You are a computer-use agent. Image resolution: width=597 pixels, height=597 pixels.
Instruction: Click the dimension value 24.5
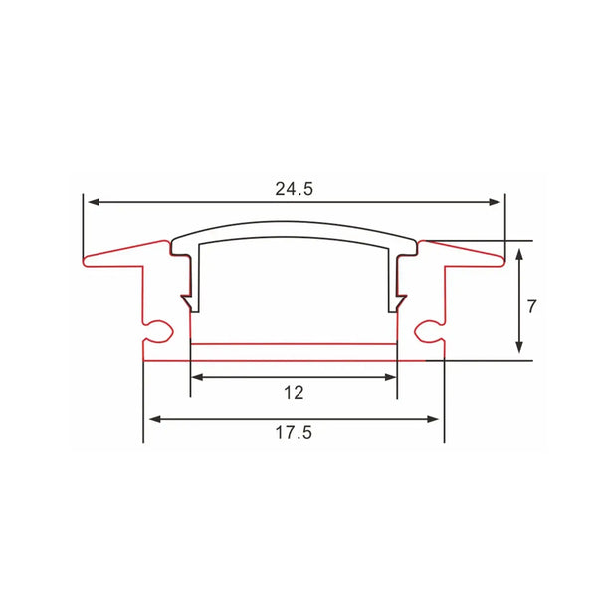(x=294, y=189)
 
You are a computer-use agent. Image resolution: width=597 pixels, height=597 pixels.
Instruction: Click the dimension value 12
(x=293, y=393)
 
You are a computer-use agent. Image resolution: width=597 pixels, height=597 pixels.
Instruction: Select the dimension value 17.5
(x=294, y=434)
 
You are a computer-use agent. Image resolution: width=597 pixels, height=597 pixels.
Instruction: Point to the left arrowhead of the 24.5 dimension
(x=91, y=202)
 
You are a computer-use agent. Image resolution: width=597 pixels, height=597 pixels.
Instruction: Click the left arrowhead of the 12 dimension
(x=195, y=377)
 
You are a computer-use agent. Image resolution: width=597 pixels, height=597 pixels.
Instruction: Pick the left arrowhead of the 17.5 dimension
(x=151, y=419)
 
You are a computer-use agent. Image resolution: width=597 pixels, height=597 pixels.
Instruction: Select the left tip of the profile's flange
(x=85, y=262)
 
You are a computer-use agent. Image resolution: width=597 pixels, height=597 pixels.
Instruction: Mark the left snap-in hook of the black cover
(x=186, y=299)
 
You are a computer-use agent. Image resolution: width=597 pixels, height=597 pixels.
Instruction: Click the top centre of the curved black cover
(x=294, y=224)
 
